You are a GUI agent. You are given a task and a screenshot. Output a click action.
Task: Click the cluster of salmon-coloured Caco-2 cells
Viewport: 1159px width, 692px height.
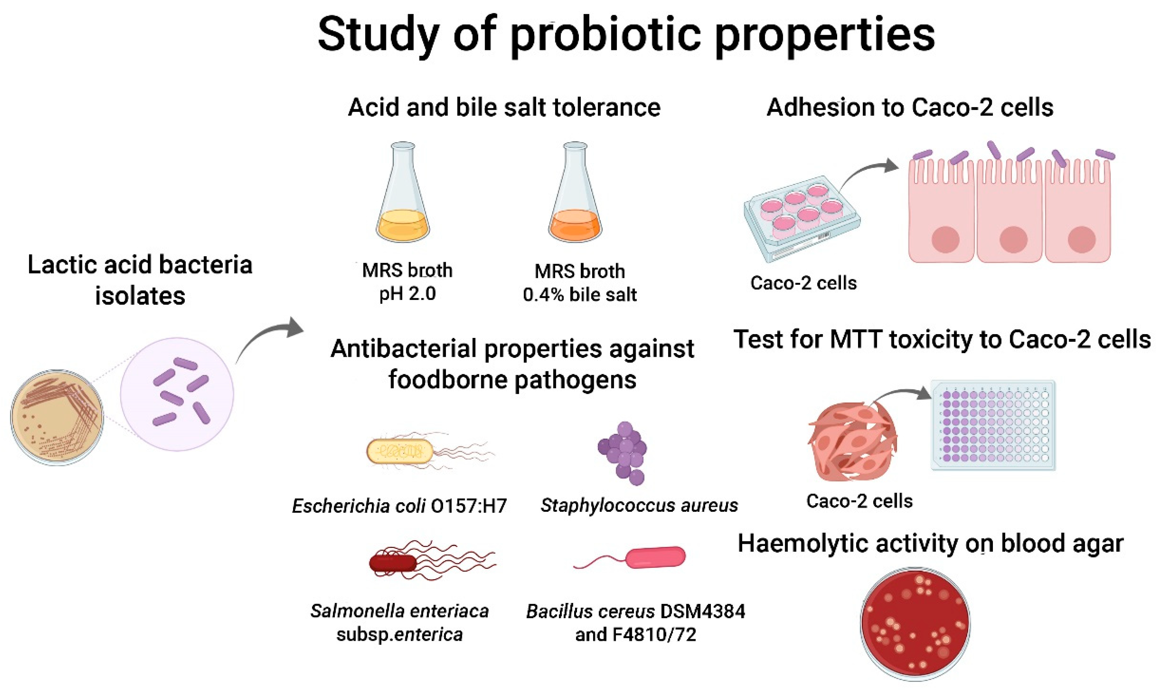pyautogui.click(x=852, y=441)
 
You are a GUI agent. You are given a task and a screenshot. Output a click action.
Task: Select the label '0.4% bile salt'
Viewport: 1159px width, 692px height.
pyautogui.click(x=579, y=295)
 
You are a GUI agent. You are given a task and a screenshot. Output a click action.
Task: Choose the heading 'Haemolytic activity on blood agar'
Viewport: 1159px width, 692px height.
pyautogui.click(x=930, y=543)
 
